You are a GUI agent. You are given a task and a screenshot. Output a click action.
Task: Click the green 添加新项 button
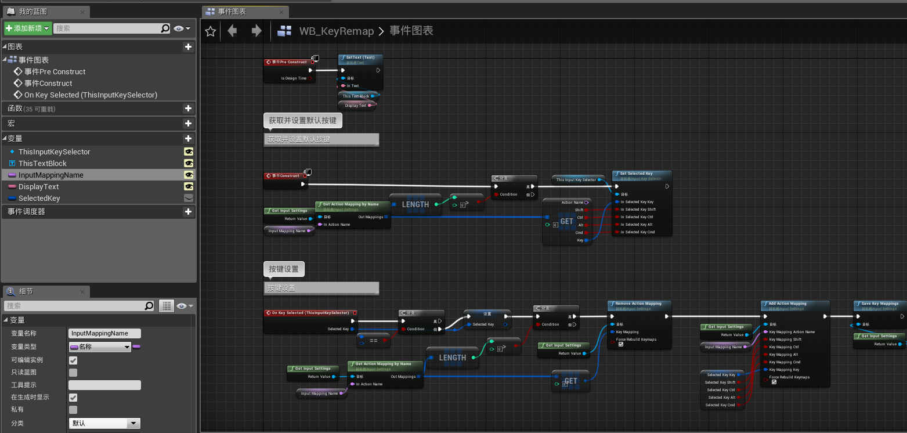click(x=27, y=28)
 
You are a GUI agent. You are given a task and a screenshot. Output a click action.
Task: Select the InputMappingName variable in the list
click(x=51, y=175)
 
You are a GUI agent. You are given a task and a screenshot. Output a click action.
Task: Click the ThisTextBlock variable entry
click(x=42, y=163)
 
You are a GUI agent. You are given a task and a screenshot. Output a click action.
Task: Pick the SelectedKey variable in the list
click(x=39, y=198)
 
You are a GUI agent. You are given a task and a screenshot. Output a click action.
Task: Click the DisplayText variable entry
click(x=39, y=186)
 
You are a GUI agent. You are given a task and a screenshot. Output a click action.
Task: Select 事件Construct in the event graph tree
click(x=48, y=83)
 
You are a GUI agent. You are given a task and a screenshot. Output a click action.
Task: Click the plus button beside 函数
click(x=187, y=108)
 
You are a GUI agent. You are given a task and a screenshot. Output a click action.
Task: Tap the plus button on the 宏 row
click(x=187, y=123)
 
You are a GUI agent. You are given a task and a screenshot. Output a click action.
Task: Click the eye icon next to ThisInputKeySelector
click(x=188, y=151)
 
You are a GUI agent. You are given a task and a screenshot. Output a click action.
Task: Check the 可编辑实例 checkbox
click(x=73, y=360)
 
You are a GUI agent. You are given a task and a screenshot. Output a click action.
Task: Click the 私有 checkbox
click(x=73, y=410)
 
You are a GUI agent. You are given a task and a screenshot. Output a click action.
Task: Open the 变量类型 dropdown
click(x=100, y=347)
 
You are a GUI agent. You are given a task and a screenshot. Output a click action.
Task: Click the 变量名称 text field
click(x=104, y=334)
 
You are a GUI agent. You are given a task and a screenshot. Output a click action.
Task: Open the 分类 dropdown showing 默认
click(x=104, y=424)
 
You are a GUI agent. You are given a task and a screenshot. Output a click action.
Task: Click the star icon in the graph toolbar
click(x=211, y=31)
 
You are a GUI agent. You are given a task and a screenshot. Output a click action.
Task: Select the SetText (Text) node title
click(x=360, y=58)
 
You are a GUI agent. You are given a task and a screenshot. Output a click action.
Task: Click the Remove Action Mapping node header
click(x=638, y=304)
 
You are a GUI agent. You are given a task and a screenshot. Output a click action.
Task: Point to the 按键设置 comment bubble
click(x=284, y=269)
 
